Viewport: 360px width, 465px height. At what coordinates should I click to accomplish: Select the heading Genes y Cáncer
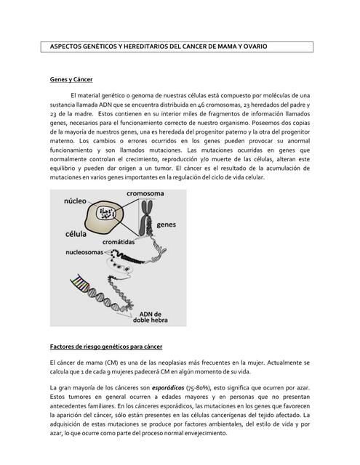coord(71,78)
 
